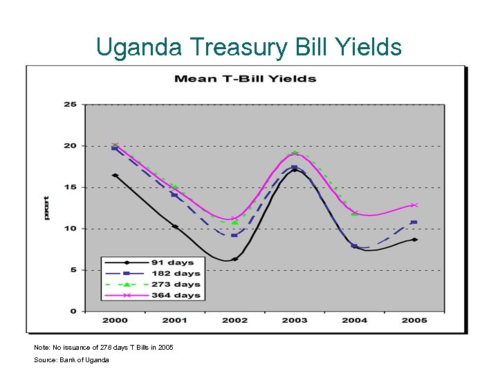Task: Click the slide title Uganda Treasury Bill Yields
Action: pyautogui.click(x=249, y=47)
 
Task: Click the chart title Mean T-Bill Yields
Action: pyautogui.click(x=245, y=78)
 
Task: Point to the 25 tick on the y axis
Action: pyautogui.click(x=70, y=105)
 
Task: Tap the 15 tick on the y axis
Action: pyautogui.click(x=70, y=187)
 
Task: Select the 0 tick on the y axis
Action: pyautogui.click(x=73, y=311)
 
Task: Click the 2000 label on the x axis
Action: pyautogui.click(x=115, y=320)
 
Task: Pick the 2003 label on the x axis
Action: pyautogui.click(x=295, y=320)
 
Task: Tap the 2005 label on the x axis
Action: pyautogui.click(x=414, y=320)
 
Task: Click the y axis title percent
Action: pyautogui.click(x=46, y=208)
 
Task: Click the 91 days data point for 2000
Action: pyautogui.click(x=115, y=175)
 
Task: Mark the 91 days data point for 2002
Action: pyautogui.click(x=235, y=259)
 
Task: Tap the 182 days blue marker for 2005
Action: pyautogui.click(x=414, y=222)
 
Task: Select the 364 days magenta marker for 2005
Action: pyautogui.click(x=414, y=205)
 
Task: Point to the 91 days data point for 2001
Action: pyautogui.click(x=175, y=226)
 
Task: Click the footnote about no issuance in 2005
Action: pyautogui.click(x=104, y=347)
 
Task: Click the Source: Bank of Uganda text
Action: pyautogui.click(x=71, y=360)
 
